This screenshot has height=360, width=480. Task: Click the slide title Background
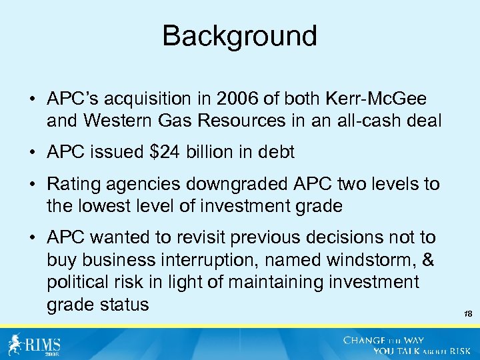240,36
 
